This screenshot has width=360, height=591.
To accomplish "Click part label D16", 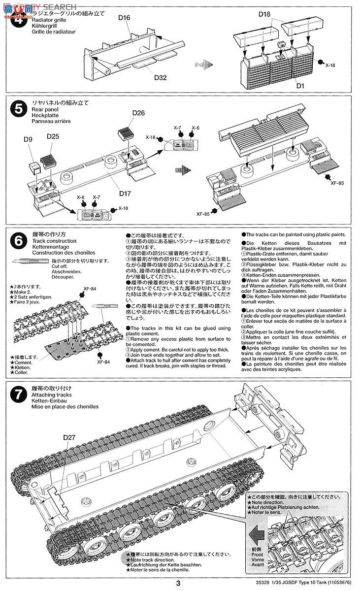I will [x=124, y=18].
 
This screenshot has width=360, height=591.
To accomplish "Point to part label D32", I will [x=161, y=77].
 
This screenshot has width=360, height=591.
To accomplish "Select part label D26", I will [x=139, y=113].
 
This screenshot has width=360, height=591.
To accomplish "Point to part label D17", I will [x=125, y=194].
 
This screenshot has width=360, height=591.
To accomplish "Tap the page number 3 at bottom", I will [x=180, y=584].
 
